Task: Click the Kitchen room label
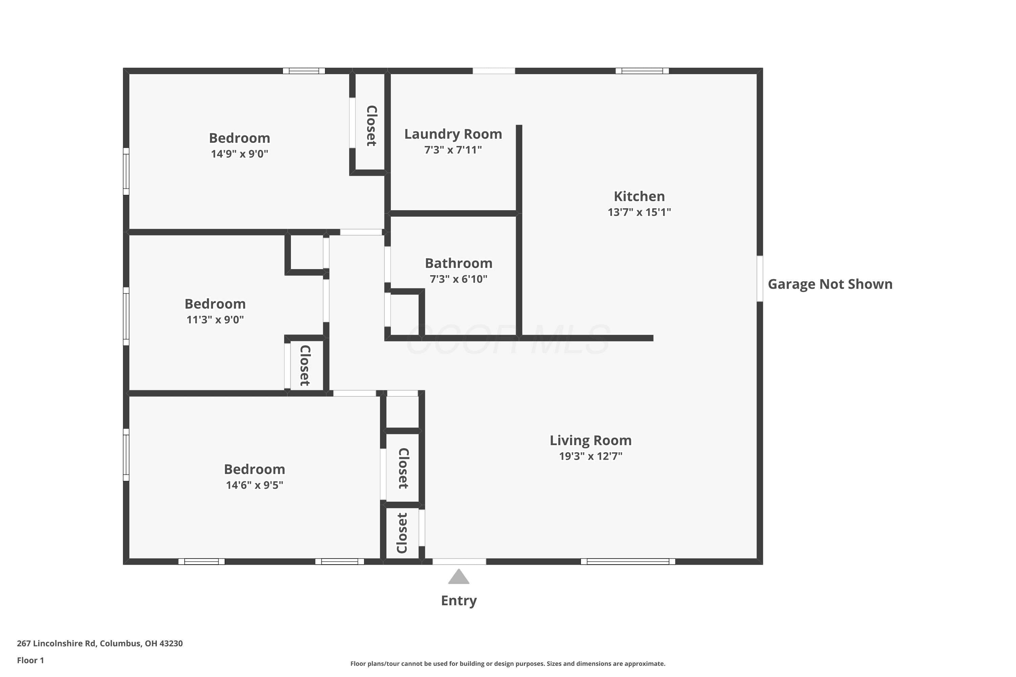click(639, 196)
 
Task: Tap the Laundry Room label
click(453, 134)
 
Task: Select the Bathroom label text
click(459, 263)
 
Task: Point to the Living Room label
click(591, 440)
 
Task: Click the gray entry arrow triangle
click(459, 577)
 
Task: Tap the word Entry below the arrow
click(459, 600)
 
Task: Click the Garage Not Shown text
click(830, 284)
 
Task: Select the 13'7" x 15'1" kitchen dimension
click(639, 212)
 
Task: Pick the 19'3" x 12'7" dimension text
click(591, 456)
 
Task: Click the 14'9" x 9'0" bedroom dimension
click(239, 154)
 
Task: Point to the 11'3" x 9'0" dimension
click(215, 320)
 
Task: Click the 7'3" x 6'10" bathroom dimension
click(459, 279)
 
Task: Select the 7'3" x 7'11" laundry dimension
click(453, 150)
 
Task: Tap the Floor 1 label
click(31, 660)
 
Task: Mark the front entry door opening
click(459, 561)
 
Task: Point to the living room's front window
click(628, 561)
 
